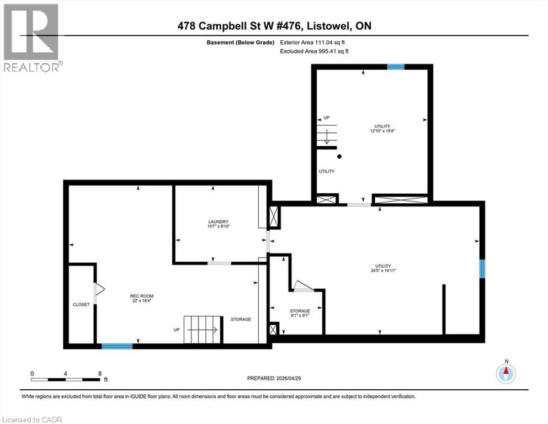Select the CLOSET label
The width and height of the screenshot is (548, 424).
click(81, 305)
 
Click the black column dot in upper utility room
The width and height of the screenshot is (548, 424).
click(340, 156)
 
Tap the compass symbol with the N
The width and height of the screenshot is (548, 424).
click(506, 373)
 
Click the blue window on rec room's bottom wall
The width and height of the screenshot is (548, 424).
click(117, 346)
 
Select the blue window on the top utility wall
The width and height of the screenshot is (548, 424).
click(395, 67)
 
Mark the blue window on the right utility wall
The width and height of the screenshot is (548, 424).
click(482, 269)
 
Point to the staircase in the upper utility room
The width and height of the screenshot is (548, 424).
click(326, 135)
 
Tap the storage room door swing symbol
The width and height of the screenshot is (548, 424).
click(302, 286)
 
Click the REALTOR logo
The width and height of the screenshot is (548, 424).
click(31, 38)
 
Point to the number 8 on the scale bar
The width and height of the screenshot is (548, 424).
click(99, 373)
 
